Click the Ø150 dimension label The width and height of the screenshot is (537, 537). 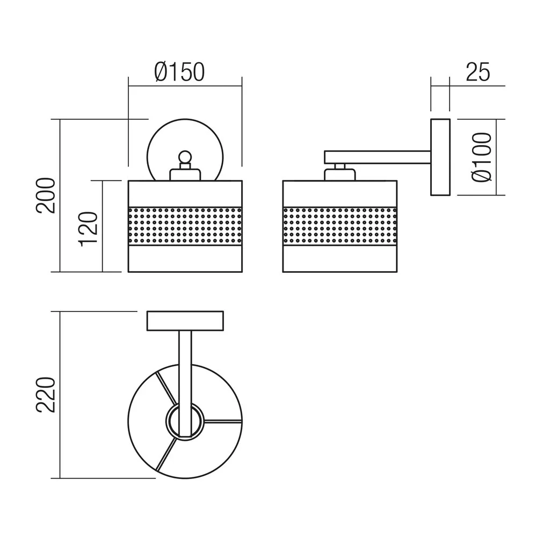[x=179, y=72]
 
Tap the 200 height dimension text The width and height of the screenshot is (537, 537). [x=46, y=195]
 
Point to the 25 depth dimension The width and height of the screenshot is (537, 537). [x=478, y=72]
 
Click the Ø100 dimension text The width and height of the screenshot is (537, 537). [x=482, y=157]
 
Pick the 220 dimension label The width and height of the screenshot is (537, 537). [x=46, y=395]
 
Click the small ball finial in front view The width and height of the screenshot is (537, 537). [x=185, y=157]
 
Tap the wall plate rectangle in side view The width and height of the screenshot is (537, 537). [x=440, y=157]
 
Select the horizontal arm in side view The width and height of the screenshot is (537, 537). [x=378, y=157]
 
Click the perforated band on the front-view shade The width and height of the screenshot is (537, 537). [x=185, y=226]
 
